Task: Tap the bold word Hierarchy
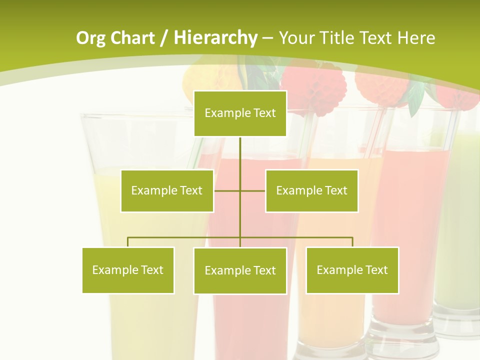[x=215, y=38]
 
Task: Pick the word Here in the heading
[x=416, y=38]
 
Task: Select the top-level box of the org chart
[x=240, y=113]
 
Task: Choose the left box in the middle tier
[x=167, y=190]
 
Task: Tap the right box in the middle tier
[x=311, y=190]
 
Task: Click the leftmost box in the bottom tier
[x=128, y=270]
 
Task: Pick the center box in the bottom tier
[x=240, y=270]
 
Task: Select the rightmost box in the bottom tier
[x=352, y=270]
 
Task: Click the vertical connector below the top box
[x=240, y=160]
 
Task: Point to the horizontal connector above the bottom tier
[x=185, y=237]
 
